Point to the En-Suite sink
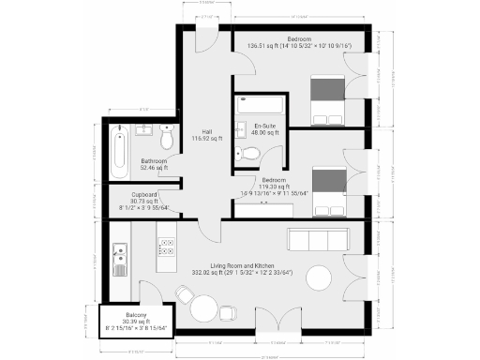(241, 128)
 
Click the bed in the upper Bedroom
(329, 100)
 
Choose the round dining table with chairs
(206, 306)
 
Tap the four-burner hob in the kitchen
(167, 247)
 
